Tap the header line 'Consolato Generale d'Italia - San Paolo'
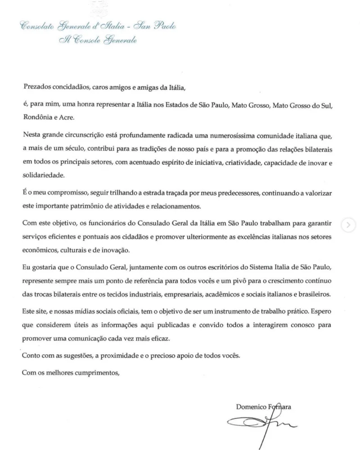coord(95,27)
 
